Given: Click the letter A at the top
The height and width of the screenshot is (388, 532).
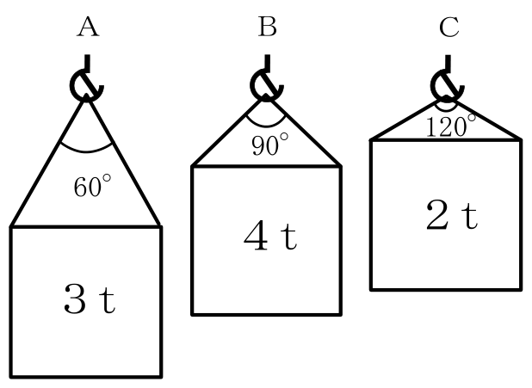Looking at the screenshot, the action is click(x=88, y=27).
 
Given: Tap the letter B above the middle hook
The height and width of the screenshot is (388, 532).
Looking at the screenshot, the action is click(x=268, y=27).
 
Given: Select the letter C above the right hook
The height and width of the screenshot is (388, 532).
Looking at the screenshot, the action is click(x=448, y=27).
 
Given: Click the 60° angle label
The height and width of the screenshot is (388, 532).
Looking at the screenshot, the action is click(x=92, y=186).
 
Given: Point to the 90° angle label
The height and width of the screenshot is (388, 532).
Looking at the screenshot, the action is click(x=270, y=145).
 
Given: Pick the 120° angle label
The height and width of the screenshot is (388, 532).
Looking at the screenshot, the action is click(x=450, y=126).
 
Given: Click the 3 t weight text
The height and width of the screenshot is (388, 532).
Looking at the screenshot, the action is click(x=90, y=299).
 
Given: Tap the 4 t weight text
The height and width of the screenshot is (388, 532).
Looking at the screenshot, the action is click(x=270, y=236).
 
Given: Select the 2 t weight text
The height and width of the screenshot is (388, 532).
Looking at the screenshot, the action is click(x=451, y=215).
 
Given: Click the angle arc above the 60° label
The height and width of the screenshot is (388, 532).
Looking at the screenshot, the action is click(x=86, y=151).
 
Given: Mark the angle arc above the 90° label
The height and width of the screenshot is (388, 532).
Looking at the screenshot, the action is click(x=266, y=126).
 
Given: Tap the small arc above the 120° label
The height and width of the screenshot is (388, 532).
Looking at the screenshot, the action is click(x=446, y=110).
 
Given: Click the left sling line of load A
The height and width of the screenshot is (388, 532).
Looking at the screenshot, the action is click(x=48, y=160).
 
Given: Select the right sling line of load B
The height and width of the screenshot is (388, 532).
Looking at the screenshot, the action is click(x=304, y=132).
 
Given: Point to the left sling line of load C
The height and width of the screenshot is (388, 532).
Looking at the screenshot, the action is click(x=409, y=119).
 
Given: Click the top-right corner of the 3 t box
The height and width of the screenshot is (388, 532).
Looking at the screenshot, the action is click(x=160, y=226).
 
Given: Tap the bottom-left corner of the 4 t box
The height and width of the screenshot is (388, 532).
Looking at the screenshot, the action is click(x=192, y=315).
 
